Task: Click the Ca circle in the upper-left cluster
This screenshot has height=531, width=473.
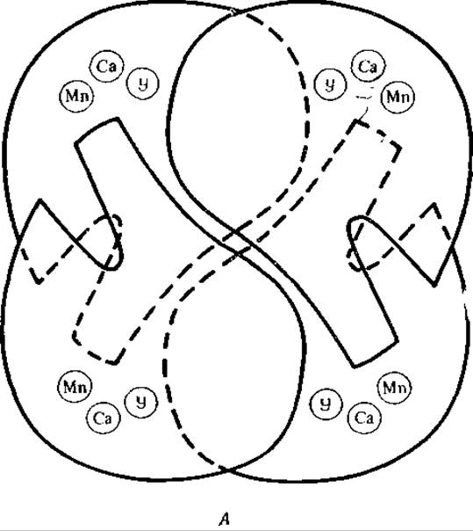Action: point(107,67)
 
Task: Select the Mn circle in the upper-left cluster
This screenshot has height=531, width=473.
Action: point(76,96)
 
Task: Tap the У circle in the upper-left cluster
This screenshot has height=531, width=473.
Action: point(143,83)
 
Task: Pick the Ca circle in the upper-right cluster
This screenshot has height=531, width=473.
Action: point(369,66)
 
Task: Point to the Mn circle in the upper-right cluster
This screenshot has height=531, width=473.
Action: point(398,97)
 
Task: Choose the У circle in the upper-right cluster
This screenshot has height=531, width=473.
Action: point(330,84)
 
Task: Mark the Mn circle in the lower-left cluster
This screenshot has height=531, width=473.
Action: point(75,386)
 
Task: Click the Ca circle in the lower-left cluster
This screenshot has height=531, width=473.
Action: point(104,418)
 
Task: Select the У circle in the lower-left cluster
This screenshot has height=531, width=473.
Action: point(141,402)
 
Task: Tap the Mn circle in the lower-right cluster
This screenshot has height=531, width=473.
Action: point(393,387)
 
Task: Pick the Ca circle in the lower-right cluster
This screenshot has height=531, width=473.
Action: point(364,418)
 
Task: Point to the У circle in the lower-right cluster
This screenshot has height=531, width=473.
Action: point(326,404)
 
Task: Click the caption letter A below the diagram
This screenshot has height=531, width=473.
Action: point(224,519)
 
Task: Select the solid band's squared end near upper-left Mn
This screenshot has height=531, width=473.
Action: point(97,131)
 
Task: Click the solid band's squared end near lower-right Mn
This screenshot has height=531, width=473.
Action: point(375,354)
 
